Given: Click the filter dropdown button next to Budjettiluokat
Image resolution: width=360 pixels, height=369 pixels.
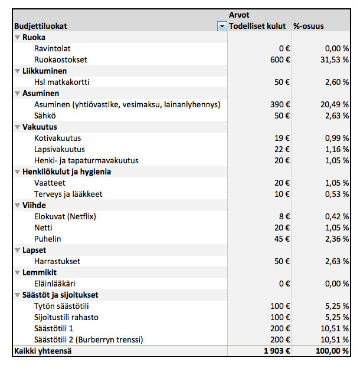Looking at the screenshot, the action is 222,26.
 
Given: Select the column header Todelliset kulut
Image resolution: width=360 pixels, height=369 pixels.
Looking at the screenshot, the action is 257,26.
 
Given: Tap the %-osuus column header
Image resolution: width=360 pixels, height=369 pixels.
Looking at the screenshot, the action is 309,26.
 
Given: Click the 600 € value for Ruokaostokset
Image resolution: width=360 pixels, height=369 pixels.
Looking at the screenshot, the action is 280,60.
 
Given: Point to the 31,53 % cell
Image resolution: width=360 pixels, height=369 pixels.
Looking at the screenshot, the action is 334,60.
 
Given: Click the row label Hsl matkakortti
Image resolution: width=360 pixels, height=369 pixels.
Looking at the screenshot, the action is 62,82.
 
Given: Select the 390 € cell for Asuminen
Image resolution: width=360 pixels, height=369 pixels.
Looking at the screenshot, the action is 280,104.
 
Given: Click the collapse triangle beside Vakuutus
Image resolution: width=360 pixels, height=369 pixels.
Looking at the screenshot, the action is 17,127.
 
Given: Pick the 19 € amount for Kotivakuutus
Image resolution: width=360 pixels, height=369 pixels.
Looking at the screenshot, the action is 282,138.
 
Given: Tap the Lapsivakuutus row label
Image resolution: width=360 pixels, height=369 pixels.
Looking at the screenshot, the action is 60,150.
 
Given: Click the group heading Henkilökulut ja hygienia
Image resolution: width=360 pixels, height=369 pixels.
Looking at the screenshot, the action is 67,172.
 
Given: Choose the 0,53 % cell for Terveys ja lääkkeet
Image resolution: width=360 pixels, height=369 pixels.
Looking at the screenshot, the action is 336,194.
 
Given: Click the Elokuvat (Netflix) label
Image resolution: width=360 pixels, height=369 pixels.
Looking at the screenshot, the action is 66,216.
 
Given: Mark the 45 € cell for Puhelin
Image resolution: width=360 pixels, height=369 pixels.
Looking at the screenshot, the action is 282,239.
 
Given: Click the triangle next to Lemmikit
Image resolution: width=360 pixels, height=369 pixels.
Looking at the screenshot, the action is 17,273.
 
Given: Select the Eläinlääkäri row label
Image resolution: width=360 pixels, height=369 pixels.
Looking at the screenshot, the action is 55,284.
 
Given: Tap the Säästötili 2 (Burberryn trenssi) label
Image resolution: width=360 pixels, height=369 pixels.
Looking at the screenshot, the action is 89,340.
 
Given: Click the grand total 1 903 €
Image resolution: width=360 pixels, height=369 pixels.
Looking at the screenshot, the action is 277,351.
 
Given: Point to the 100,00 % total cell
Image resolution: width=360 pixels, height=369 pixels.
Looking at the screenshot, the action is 332,351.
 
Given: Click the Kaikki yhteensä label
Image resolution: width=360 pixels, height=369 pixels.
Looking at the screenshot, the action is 42,351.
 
